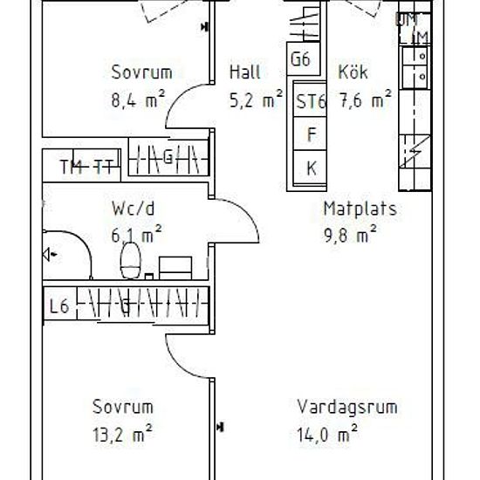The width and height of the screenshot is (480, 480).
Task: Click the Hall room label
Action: (244, 72)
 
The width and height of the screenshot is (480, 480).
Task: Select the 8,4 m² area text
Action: (137, 100)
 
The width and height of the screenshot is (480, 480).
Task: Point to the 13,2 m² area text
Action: (123, 432)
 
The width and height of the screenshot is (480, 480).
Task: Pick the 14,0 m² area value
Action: (328, 432)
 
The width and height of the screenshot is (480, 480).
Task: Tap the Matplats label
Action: (360, 209)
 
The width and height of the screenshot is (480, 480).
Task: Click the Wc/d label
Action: (133, 209)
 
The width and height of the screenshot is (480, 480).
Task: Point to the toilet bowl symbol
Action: (132, 258)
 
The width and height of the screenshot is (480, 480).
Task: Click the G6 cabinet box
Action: (301, 60)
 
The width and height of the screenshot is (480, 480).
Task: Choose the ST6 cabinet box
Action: (310, 101)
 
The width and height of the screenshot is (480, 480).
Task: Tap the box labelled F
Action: (310, 134)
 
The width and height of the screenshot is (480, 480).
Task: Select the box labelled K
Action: (310, 168)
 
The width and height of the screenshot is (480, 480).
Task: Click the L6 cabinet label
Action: (59, 305)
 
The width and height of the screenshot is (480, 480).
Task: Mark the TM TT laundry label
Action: (86, 167)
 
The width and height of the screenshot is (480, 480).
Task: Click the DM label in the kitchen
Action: (406, 18)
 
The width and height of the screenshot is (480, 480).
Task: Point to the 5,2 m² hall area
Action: (254, 100)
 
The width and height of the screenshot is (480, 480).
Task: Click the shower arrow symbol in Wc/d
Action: (49, 254)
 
